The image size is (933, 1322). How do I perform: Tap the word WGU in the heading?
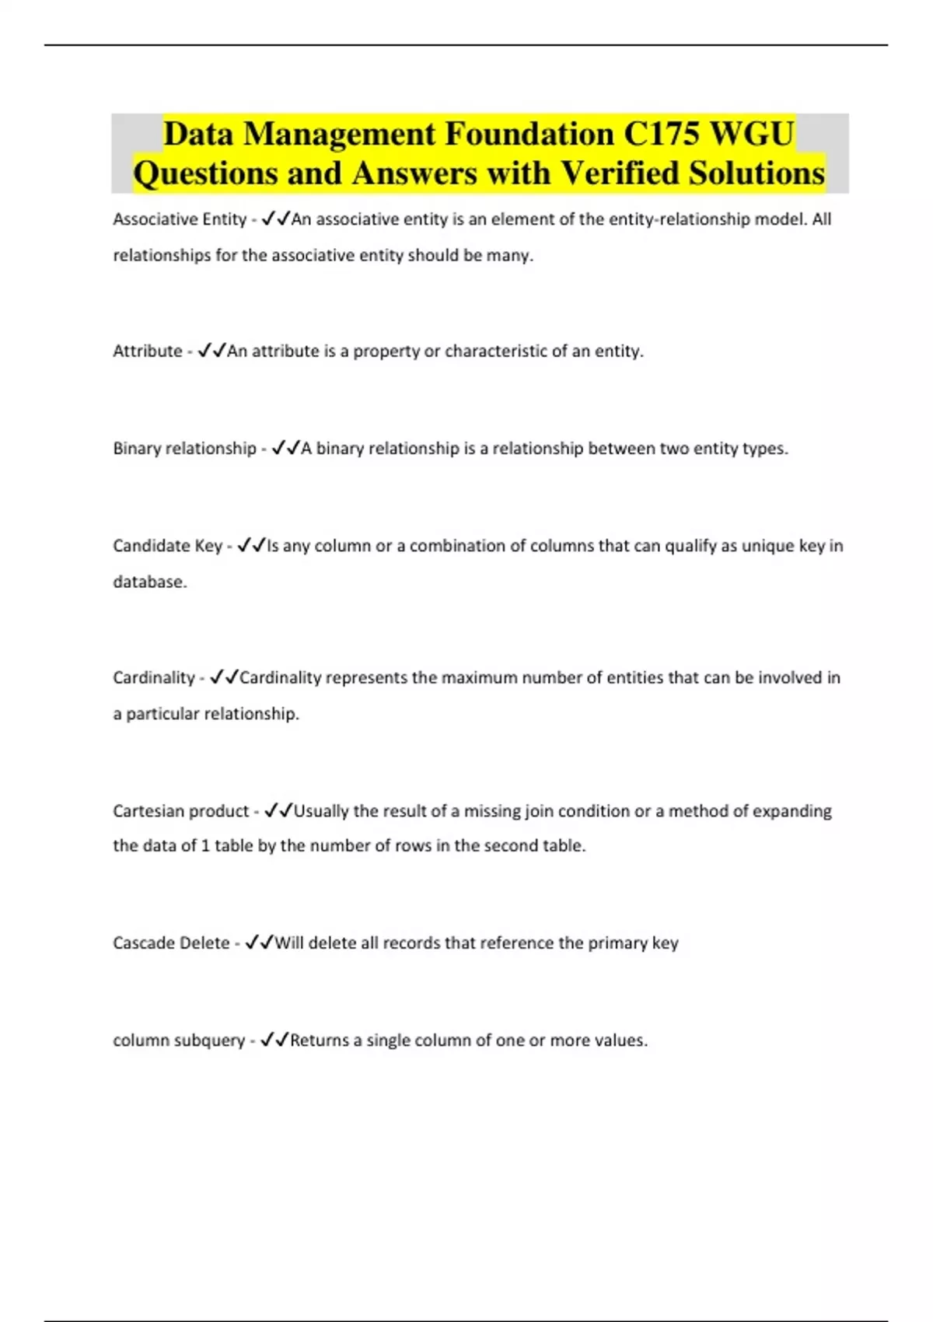752,134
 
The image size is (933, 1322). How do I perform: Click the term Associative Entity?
180,219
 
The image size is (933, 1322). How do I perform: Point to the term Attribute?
148,351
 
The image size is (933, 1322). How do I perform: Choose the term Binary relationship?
184,448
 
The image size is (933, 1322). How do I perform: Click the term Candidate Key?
167,546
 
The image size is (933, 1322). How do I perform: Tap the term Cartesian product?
180,811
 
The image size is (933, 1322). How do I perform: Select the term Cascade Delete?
171,943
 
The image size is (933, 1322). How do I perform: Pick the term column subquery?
179,1040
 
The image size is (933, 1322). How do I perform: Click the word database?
150,582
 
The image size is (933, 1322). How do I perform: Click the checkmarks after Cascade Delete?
259,943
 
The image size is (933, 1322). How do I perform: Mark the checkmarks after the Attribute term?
211,351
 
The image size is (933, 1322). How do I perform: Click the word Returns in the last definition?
320,1040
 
